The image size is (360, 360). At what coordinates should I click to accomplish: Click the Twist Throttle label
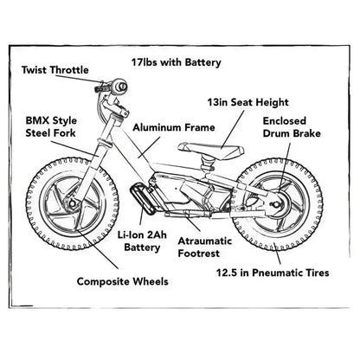point(54,69)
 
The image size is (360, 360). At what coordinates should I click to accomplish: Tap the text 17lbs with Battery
point(177,62)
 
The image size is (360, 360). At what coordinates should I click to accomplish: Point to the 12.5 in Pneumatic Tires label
point(273,273)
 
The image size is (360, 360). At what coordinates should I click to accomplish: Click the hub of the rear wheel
point(276,206)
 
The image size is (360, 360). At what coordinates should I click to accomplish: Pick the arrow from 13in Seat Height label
point(226,130)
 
